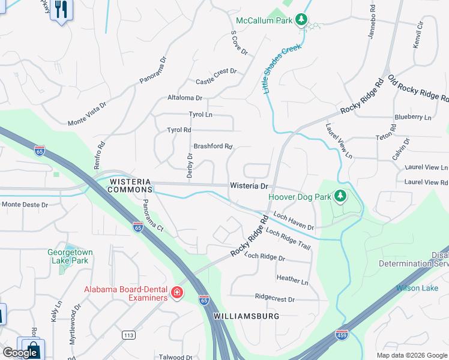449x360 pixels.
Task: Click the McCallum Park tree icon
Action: [x=302, y=21]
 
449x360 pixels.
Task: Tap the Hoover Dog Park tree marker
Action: [x=340, y=196]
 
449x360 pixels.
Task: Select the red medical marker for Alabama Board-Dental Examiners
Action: [x=177, y=293]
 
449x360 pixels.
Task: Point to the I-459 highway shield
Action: [x=342, y=334]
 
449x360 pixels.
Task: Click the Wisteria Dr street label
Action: [x=249, y=186]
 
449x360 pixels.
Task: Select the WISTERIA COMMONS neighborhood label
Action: [x=130, y=185]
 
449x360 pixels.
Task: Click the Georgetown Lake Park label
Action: [x=68, y=256]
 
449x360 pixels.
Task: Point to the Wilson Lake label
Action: [x=417, y=288]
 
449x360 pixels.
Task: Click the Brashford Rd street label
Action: [x=212, y=146]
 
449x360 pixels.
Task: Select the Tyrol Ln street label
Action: [x=200, y=115]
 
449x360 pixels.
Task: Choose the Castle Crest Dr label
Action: [x=216, y=76]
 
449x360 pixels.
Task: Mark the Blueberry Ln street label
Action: [x=412, y=118]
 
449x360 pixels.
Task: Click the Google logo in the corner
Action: [x=20, y=353]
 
